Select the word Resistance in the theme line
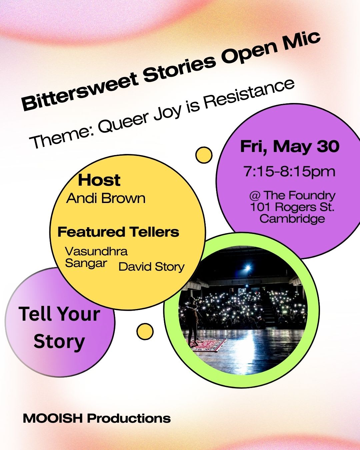click(249, 93)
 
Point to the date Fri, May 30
click(290, 147)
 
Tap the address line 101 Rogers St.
click(292, 207)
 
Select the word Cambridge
click(292, 219)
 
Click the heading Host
click(99, 180)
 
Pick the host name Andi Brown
click(106, 198)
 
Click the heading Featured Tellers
click(118, 232)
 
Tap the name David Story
click(152, 267)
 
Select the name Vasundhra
click(96, 251)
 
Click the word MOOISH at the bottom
click(53, 419)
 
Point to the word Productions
click(129, 419)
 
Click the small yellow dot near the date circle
click(204, 155)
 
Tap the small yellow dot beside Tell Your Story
click(145, 331)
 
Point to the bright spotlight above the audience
click(248, 267)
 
